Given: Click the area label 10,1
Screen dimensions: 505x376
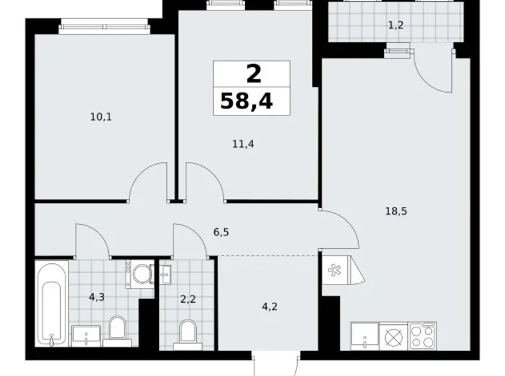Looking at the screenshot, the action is pyautogui.click(x=101, y=117).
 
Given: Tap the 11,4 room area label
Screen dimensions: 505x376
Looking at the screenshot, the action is pyautogui.click(x=243, y=144).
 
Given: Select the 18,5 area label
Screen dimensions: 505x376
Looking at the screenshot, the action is pyautogui.click(x=396, y=211).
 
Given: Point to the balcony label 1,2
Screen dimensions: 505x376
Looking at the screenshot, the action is pyautogui.click(x=396, y=25).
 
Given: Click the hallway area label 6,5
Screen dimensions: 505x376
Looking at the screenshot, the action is pyautogui.click(x=221, y=232).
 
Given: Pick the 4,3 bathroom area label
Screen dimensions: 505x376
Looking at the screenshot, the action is pyautogui.click(x=97, y=297).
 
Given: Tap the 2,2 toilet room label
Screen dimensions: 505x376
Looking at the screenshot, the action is pyautogui.click(x=188, y=300).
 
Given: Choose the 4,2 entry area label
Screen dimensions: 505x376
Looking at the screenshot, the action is pyautogui.click(x=269, y=307).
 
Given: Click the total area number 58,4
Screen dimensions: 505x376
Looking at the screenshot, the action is pyautogui.click(x=247, y=101).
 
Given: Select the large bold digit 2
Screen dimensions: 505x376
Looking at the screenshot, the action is pyautogui.click(x=254, y=74).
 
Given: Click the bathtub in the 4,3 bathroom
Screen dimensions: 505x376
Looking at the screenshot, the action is pyautogui.click(x=52, y=304).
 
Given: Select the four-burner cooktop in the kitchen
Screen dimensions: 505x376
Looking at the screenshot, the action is pyautogui.click(x=423, y=336).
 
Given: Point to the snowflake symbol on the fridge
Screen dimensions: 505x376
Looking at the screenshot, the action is pyautogui.click(x=332, y=270).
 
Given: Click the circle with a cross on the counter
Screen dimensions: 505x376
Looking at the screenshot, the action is pyautogui.click(x=394, y=338).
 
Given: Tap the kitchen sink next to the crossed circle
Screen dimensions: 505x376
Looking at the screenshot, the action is pyautogui.click(x=365, y=336).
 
